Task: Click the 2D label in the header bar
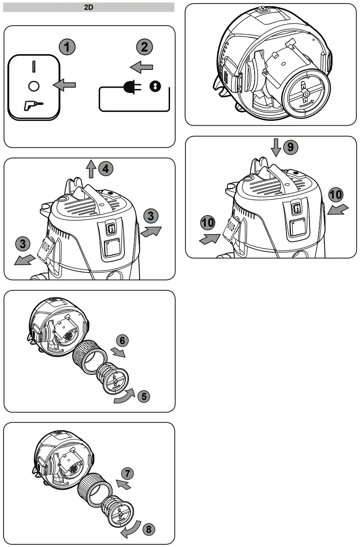pyautogui.click(x=89, y=7)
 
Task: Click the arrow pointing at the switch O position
pyautogui.click(x=64, y=85)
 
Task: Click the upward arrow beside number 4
pyautogui.click(x=91, y=169)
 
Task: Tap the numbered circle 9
pyautogui.click(x=290, y=147)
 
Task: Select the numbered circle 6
pyautogui.click(x=123, y=341)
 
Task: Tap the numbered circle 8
pyautogui.click(x=149, y=529)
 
